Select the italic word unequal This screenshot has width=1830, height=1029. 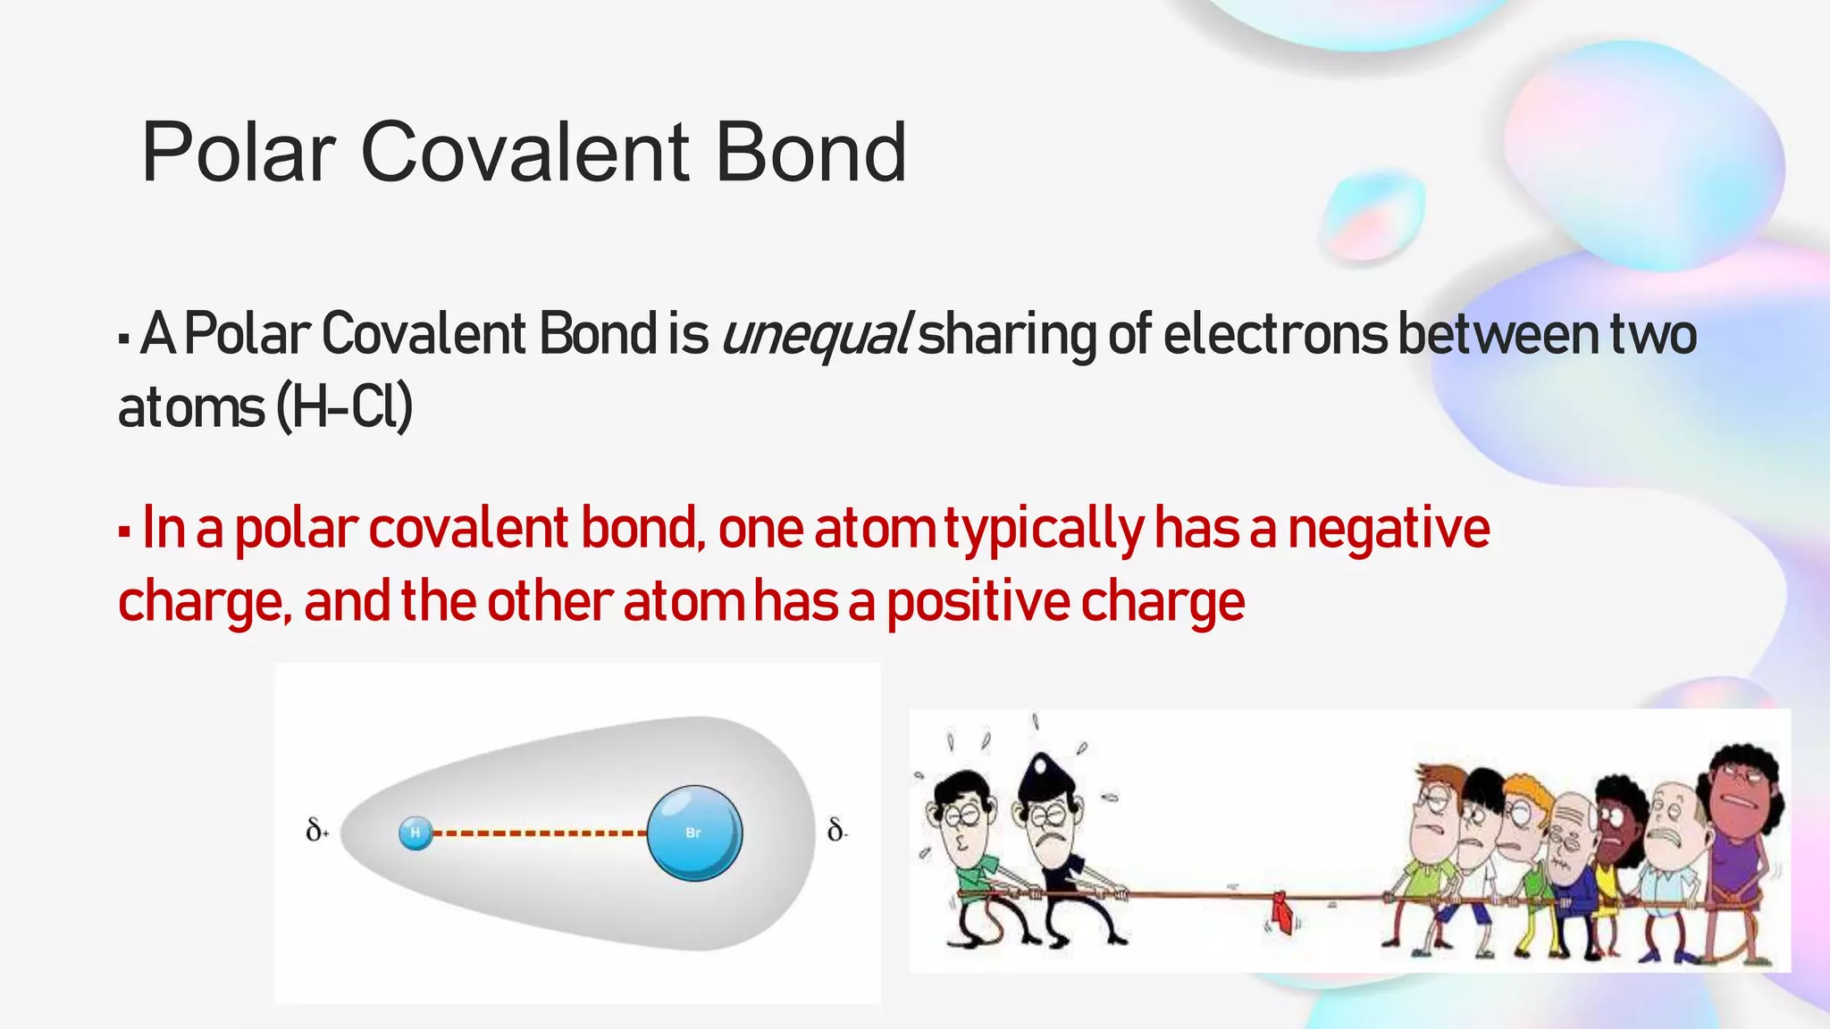click(x=815, y=335)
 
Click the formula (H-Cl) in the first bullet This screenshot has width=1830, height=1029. click(x=345, y=408)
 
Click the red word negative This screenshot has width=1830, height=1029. click(x=1389, y=528)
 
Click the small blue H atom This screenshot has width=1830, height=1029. click(x=416, y=832)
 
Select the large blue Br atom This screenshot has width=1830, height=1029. click(x=694, y=832)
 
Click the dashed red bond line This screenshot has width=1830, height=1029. click(x=540, y=833)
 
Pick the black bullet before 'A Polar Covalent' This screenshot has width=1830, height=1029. click(x=124, y=340)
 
